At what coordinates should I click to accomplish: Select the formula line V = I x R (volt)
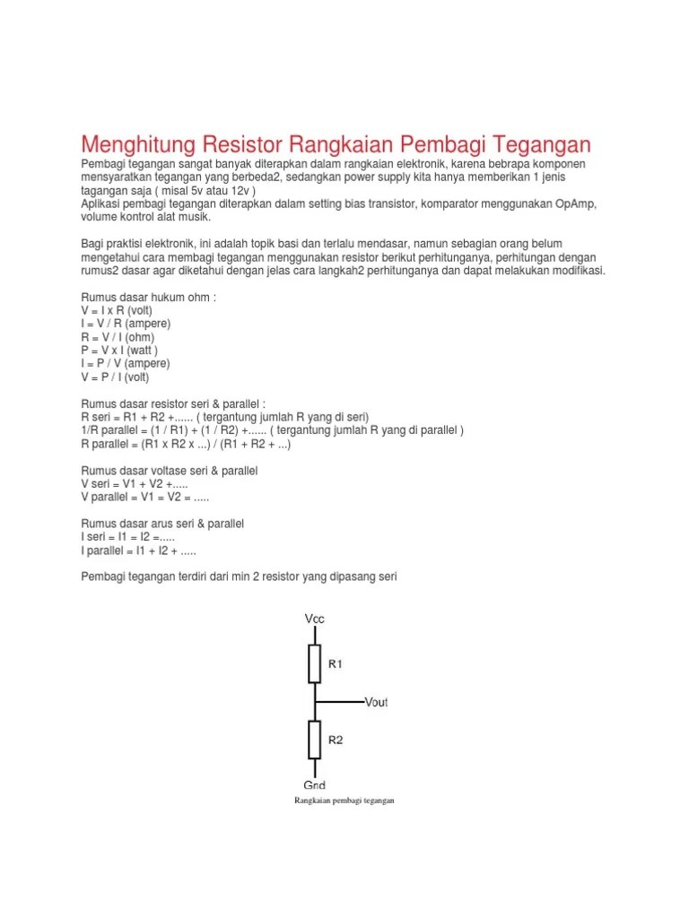(x=118, y=309)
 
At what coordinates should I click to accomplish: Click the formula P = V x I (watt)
(x=119, y=350)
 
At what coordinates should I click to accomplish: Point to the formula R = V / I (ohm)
(x=118, y=336)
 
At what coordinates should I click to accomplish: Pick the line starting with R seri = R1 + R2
(x=225, y=417)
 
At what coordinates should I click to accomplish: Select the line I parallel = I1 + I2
(x=138, y=551)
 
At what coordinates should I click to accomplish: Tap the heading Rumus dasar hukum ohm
(x=149, y=296)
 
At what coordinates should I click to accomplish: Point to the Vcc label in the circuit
(x=315, y=619)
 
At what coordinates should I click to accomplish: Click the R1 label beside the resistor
(x=336, y=665)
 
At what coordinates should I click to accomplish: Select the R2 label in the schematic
(x=336, y=740)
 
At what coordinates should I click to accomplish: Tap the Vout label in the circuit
(x=376, y=702)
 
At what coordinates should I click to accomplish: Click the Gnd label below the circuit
(x=315, y=784)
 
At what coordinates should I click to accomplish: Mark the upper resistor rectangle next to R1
(x=315, y=663)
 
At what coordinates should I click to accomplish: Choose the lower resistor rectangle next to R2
(x=315, y=739)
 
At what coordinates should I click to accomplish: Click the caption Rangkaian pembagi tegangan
(x=344, y=801)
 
